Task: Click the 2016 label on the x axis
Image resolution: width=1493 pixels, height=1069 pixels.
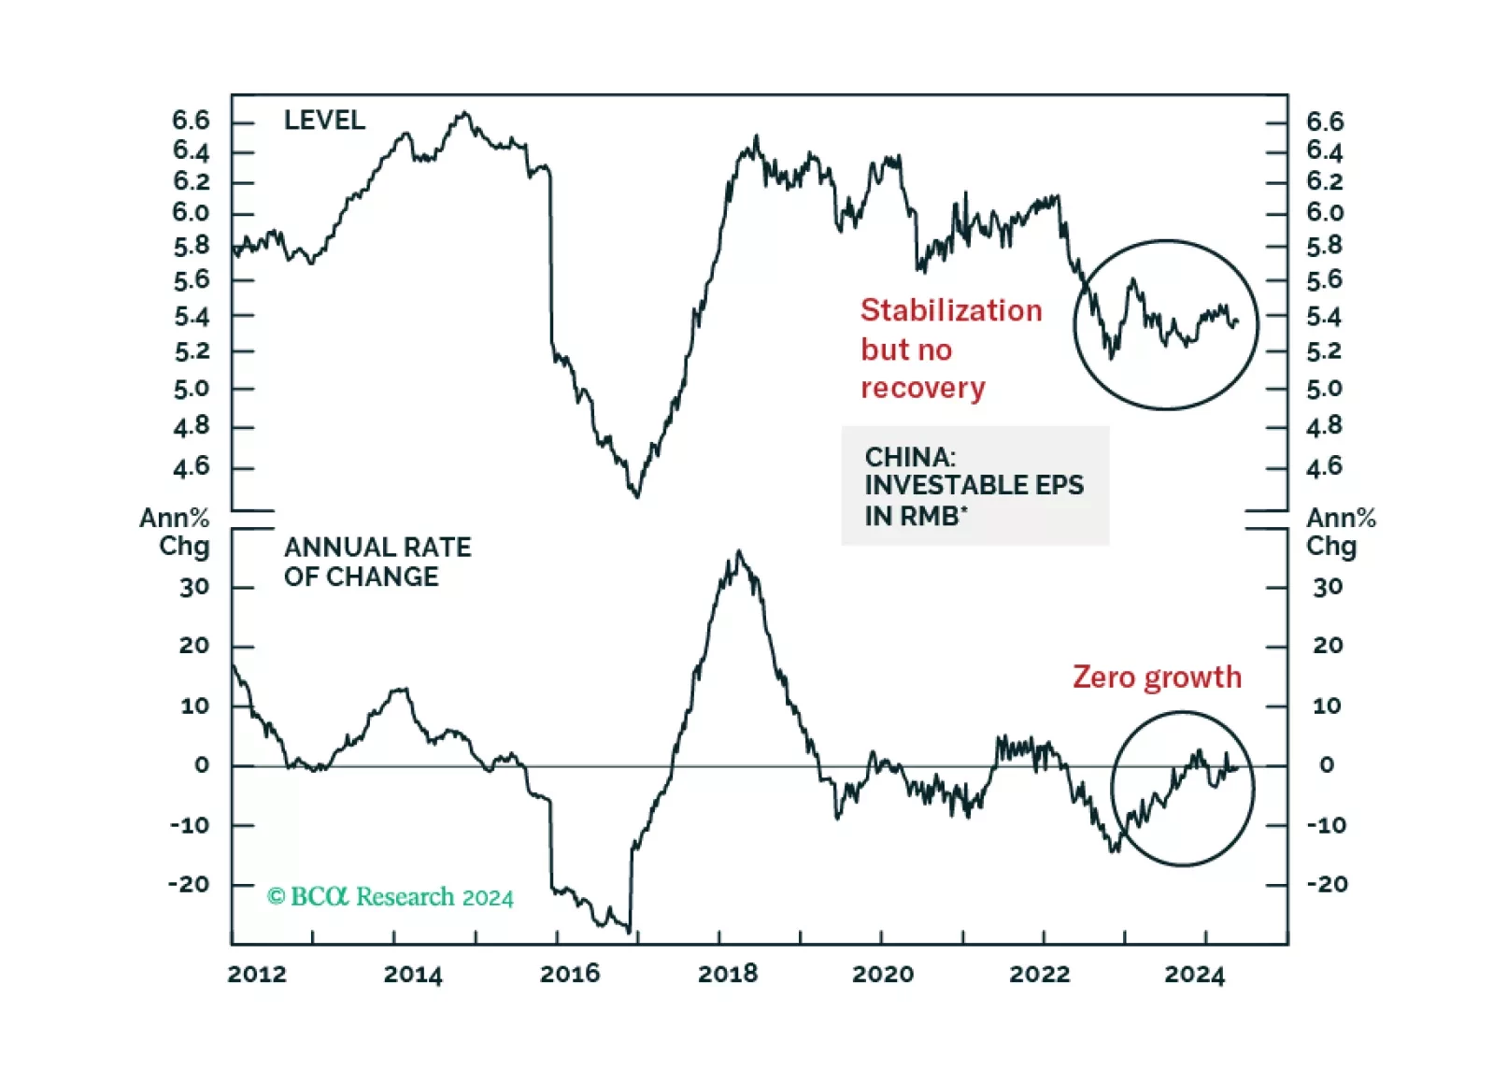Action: [570, 974]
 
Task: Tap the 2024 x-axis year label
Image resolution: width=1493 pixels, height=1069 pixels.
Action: [1194, 974]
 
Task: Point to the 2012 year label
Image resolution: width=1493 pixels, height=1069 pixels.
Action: [257, 974]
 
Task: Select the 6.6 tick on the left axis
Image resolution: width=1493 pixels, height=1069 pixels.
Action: [192, 121]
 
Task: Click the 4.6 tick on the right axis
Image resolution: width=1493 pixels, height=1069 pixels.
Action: [1324, 466]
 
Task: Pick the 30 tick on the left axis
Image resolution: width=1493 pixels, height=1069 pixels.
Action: [194, 588]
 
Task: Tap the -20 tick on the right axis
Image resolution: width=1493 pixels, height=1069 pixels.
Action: [1327, 884]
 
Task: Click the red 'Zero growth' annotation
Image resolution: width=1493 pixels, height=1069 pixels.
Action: [1157, 677]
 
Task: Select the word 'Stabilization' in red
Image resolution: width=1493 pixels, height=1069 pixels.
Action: [951, 310]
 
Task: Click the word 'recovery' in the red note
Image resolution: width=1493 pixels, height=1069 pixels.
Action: [923, 388]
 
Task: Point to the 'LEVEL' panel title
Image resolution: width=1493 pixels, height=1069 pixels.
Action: [324, 121]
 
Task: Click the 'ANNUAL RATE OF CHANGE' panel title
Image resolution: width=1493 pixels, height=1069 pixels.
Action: [377, 562]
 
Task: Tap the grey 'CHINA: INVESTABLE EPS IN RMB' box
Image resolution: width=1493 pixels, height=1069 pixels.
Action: [974, 486]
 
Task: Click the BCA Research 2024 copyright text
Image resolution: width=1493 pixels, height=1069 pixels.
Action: [391, 897]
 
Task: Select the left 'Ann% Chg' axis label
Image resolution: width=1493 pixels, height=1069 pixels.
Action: [176, 532]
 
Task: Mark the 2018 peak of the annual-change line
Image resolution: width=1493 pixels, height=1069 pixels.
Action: [739, 551]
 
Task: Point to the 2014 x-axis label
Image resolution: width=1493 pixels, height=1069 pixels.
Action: [413, 974]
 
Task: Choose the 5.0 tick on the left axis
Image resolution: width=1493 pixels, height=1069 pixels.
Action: [192, 389]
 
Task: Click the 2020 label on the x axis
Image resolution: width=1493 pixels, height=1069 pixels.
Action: [883, 974]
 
